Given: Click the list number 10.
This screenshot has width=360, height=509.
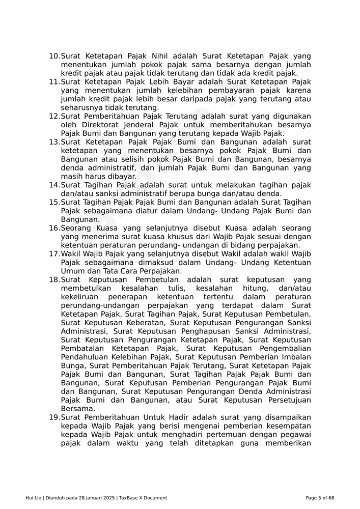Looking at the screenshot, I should [54, 56].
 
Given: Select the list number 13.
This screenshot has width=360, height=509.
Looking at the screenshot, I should [54, 142].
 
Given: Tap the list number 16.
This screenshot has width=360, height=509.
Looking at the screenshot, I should [54, 228].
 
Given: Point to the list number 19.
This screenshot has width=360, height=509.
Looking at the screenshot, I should [54, 417].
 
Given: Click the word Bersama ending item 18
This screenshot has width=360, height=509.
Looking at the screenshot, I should [77, 409].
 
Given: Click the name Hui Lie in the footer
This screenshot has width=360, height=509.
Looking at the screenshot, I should [34, 498].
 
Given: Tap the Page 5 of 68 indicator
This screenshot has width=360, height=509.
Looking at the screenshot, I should [320, 498].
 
